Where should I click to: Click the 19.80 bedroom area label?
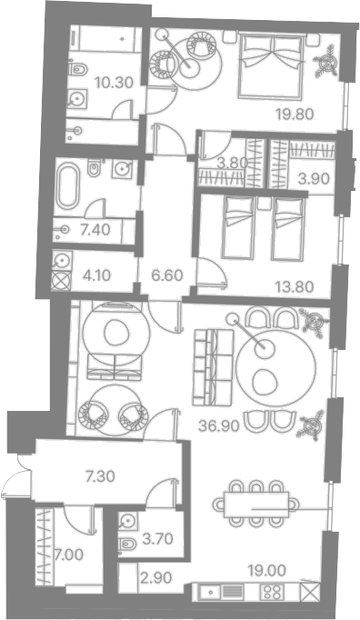[x=295, y=115]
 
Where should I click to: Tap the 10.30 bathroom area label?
[x=114, y=83]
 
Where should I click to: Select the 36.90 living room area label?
[x=219, y=425]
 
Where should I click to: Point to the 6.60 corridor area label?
[x=167, y=275]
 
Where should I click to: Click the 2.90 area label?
[x=156, y=577]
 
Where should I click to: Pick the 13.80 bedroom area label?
[x=295, y=285]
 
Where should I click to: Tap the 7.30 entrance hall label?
[x=101, y=476]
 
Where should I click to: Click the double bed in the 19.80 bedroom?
[x=271, y=66]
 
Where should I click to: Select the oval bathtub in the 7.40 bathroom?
[x=68, y=186]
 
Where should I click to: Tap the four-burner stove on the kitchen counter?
[x=272, y=592]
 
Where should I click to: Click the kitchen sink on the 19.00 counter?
[x=210, y=592]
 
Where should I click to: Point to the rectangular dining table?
[x=256, y=505]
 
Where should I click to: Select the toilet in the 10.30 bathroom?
[x=77, y=70]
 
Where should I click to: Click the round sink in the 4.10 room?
[x=62, y=260]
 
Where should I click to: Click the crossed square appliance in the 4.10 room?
[x=61, y=281]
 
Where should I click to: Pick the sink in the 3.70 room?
[x=127, y=521]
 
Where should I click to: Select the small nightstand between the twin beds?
[x=263, y=204]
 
